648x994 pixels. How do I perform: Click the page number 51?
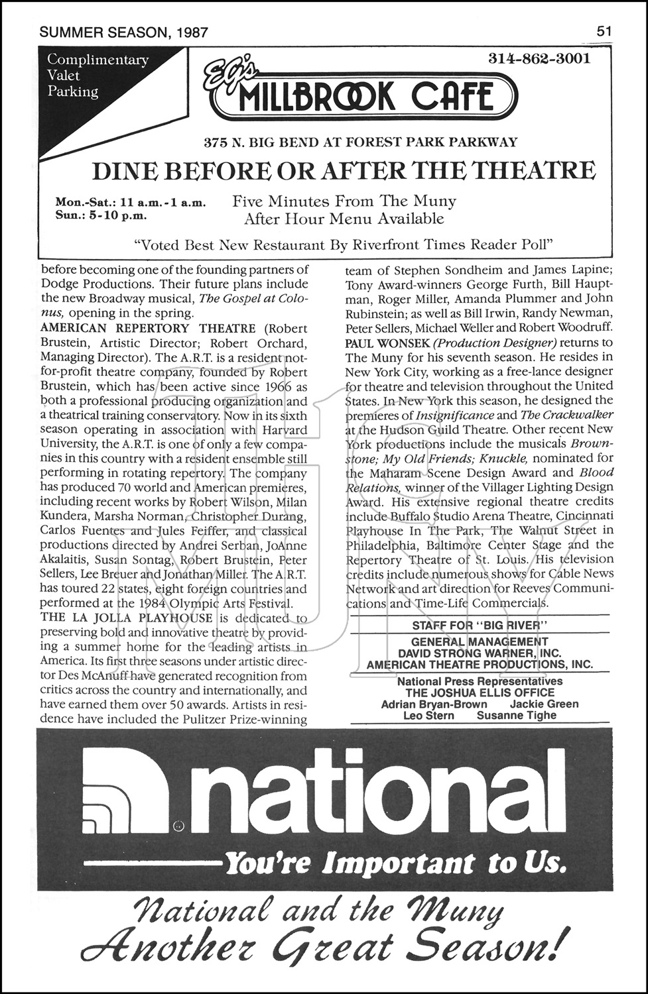pyautogui.click(x=604, y=31)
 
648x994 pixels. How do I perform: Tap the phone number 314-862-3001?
pyautogui.click(x=539, y=58)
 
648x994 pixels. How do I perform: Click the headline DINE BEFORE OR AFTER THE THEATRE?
pyautogui.click(x=343, y=171)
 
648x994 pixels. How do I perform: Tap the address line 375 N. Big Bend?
pyautogui.click(x=361, y=142)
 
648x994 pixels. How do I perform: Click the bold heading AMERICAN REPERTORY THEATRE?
pyautogui.click(x=148, y=328)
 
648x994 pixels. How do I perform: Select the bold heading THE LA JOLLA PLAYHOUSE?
pyautogui.click(x=127, y=618)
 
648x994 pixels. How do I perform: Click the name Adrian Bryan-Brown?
pyautogui.click(x=434, y=704)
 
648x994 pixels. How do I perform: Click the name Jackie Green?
pyautogui.click(x=544, y=704)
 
